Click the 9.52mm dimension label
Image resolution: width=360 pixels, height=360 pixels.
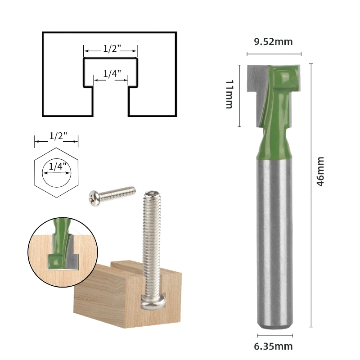pos(273,42)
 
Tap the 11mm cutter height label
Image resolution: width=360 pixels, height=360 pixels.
pos(229,94)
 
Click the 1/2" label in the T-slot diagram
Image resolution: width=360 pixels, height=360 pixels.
pos(110,49)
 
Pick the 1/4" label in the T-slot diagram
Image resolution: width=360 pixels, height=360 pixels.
pos(110,74)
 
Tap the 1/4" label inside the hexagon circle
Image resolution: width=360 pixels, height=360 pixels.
pos(56,166)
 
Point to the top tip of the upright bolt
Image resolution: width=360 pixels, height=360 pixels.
pos(152,193)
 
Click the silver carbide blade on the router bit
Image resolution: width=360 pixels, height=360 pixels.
pos(256,85)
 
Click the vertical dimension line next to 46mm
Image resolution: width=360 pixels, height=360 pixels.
pos(311,193)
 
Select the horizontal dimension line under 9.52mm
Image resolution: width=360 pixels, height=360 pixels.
pos(274,54)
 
